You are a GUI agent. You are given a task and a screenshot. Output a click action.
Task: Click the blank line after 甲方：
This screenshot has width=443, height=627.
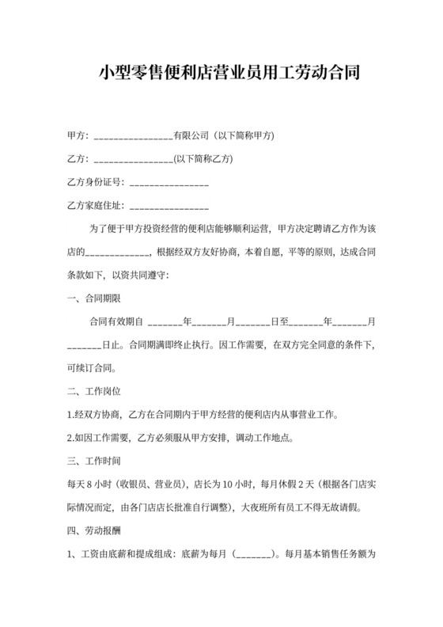(x=133, y=137)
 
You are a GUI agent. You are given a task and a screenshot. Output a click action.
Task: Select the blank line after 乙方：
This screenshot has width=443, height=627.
(x=133, y=160)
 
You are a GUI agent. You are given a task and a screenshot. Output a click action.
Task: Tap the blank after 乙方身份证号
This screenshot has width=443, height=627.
(x=168, y=184)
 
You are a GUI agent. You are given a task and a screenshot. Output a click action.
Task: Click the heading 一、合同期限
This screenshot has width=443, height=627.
(x=93, y=298)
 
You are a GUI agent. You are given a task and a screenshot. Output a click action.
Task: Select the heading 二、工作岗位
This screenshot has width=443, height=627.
(x=93, y=391)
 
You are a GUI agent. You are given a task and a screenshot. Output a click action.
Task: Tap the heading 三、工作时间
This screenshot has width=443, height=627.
(x=93, y=461)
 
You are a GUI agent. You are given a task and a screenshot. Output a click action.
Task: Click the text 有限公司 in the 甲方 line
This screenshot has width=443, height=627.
(x=191, y=136)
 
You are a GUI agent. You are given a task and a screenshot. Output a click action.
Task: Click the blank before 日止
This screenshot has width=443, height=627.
(x=85, y=346)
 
